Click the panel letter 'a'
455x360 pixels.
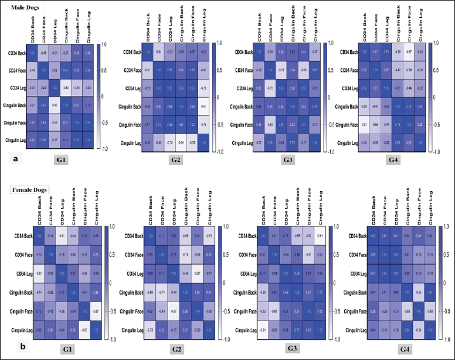coord(8,160)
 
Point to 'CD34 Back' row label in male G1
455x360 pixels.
coord(16,53)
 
